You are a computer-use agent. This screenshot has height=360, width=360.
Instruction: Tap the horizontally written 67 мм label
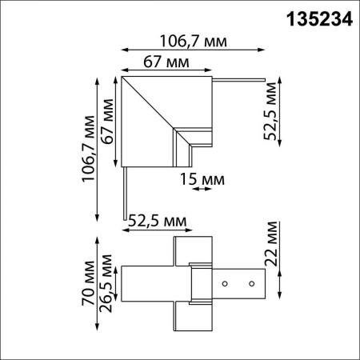166,62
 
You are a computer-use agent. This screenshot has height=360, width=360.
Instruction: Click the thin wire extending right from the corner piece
240,79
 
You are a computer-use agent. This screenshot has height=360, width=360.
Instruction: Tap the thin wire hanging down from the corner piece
125,192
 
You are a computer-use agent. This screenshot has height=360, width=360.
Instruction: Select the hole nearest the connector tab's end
251,283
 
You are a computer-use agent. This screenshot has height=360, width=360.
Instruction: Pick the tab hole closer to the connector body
226,283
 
